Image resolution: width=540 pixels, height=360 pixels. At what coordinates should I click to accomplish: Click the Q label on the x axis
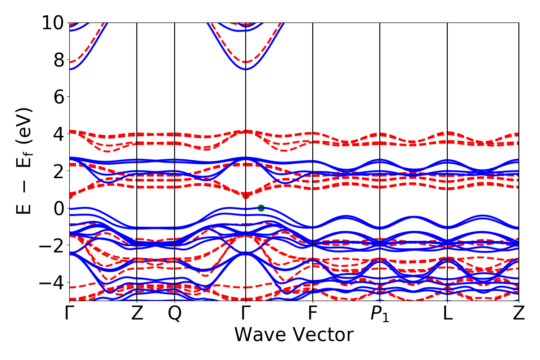175,314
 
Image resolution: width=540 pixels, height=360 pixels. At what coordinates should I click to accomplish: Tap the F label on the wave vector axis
312,314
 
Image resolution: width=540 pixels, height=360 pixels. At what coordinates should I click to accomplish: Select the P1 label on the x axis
380,314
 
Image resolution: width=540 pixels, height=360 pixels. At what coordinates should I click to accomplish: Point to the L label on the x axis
447,314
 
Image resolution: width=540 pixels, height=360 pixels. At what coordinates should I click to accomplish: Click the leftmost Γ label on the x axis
69,314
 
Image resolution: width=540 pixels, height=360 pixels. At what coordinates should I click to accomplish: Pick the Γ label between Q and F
246,314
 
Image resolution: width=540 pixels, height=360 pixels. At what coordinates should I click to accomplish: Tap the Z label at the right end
519,314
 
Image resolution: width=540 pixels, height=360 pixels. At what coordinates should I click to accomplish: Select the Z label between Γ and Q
137,314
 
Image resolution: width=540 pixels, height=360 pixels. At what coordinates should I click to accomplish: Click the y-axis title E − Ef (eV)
25,161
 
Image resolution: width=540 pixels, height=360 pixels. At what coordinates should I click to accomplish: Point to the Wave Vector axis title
294,335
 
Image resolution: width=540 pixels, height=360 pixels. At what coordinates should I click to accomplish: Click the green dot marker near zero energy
261,208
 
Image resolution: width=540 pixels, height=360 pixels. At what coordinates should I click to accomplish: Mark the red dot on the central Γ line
246,195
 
